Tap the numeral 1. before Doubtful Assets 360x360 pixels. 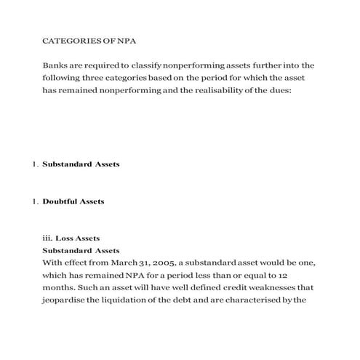36,201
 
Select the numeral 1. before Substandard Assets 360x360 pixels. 36,164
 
